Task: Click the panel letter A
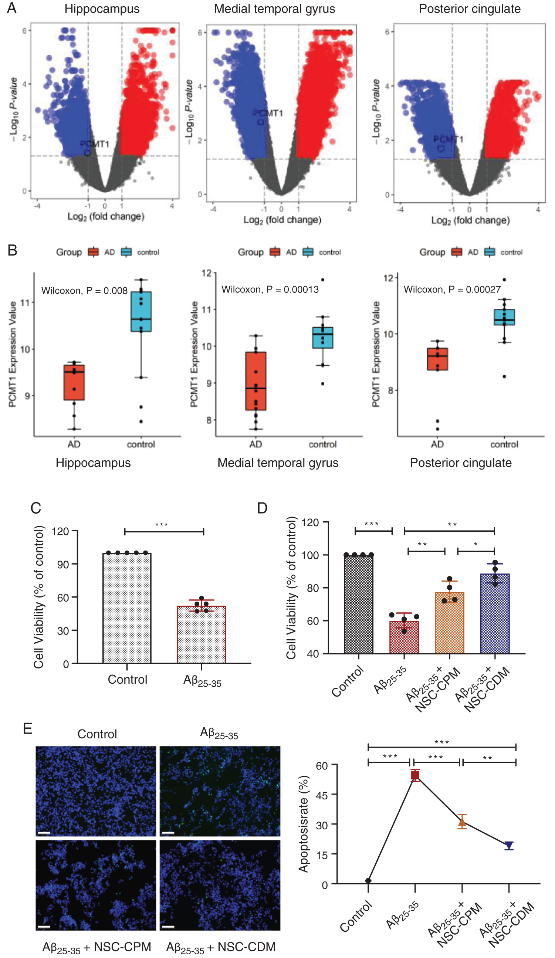pyautogui.click(x=12, y=8)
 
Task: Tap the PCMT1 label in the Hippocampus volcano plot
pyautogui.click(x=94, y=144)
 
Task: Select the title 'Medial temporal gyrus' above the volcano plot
pyautogui.click(x=274, y=9)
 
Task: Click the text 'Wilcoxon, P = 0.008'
pyautogui.click(x=84, y=291)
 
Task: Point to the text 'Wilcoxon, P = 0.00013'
pyautogui.click(x=270, y=290)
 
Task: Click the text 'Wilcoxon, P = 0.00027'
pyautogui.click(x=452, y=290)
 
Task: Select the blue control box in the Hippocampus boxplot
pyautogui.click(x=141, y=311)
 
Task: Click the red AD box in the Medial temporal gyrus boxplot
pyautogui.click(x=255, y=381)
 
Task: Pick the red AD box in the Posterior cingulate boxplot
pyautogui.click(x=437, y=359)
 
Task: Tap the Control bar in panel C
pyautogui.click(x=127, y=608)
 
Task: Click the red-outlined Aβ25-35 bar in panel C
pyautogui.click(x=201, y=635)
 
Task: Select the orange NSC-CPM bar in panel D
pyautogui.click(x=449, y=623)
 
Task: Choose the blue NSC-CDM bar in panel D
pyautogui.click(x=495, y=614)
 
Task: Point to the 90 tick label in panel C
pyautogui.click(x=63, y=565)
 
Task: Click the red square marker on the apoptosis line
pyautogui.click(x=415, y=775)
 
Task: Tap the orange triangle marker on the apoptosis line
pyautogui.click(x=462, y=823)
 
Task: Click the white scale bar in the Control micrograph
pyautogui.click(x=44, y=833)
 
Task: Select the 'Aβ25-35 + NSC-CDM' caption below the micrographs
pyautogui.click(x=221, y=947)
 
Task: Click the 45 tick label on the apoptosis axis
pyautogui.click(x=322, y=795)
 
